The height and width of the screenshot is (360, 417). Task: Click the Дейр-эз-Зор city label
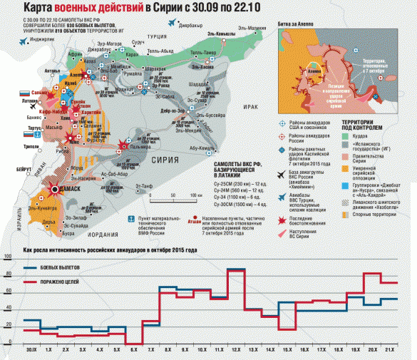click(175, 112)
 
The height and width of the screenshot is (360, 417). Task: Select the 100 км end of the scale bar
click(193, 195)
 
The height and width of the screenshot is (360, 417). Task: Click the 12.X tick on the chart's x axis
click(236, 351)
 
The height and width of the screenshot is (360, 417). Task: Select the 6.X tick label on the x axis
click(133, 351)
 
